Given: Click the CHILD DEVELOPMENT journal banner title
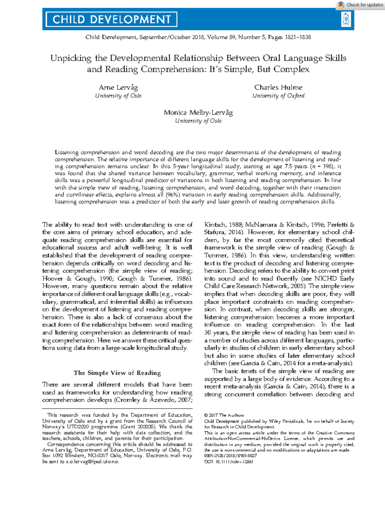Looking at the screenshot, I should (x=111, y=20).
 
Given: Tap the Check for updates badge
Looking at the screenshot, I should (x=361, y=5).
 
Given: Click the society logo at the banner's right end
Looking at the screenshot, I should (x=346, y=19).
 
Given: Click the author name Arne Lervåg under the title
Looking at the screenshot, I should (x=118, y=87).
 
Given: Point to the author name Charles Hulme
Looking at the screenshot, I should (x=278, y=87).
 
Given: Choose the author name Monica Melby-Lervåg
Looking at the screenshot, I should (x=198, y=112).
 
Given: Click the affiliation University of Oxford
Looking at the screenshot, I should (x=278, y=95).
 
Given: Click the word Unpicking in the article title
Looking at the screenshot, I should (x=71, y=58).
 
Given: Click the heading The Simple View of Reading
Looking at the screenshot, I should (x=117, y=373).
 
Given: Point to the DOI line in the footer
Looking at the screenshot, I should (x=229, y=461).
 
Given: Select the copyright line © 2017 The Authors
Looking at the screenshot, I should (x=224, y=415).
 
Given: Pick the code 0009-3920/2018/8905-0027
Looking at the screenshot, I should (x=230, y=456).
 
